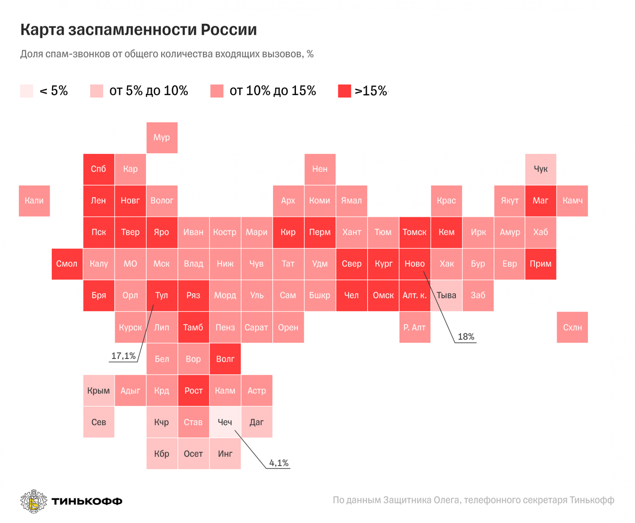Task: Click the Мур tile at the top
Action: coord(162,138)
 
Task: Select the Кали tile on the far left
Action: coord(34,201)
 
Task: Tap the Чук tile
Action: coord(540,169)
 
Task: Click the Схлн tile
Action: coord(572,327)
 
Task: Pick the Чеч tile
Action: coord(225,422)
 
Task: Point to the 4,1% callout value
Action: coord(279,463)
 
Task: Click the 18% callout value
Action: coord(466,337)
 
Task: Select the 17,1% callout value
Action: coord(123,356)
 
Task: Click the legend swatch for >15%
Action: coord(344,91)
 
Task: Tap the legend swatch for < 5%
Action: coord(27,91)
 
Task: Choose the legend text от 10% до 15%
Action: coord(273,91)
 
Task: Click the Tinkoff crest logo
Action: coord(33,501)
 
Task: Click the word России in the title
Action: coord(229,30)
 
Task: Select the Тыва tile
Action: coord(446,295)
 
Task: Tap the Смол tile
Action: coord(67,264)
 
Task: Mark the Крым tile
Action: coord(98,391)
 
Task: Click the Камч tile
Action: coord(572,201)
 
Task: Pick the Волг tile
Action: coord(225,359)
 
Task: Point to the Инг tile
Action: coord(225,454)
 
